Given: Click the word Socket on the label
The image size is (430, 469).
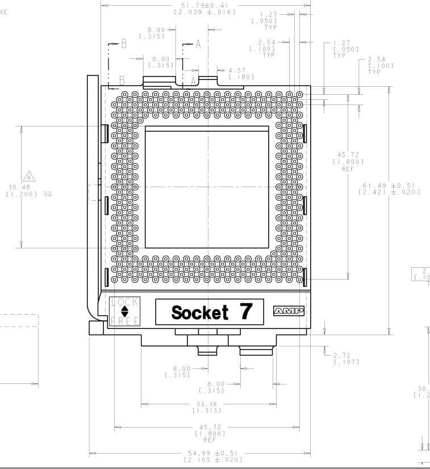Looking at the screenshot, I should pos(199,312).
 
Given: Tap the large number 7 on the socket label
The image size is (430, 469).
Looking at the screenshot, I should pos(245,311).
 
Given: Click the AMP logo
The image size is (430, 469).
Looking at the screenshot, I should pos(289,311).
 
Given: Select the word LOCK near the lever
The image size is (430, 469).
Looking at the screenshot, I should pos(124,302).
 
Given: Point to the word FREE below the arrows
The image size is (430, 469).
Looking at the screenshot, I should pos(124,321).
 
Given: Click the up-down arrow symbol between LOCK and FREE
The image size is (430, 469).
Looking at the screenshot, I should pos(124,311).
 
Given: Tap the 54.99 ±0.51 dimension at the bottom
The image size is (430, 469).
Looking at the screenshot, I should pos(212,453).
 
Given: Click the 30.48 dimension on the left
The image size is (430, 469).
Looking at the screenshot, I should pos(19,187).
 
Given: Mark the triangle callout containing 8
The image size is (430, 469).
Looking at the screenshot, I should pos(28,176).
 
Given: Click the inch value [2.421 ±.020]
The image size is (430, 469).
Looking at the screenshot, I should pos(389,192).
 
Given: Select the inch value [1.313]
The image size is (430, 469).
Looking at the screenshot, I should pos(208,411).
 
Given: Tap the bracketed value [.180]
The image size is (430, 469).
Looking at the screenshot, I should pos(241,77).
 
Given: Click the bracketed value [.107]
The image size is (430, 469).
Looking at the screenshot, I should pos(346,362).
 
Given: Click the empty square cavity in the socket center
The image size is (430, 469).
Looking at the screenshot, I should pos(207,187).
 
